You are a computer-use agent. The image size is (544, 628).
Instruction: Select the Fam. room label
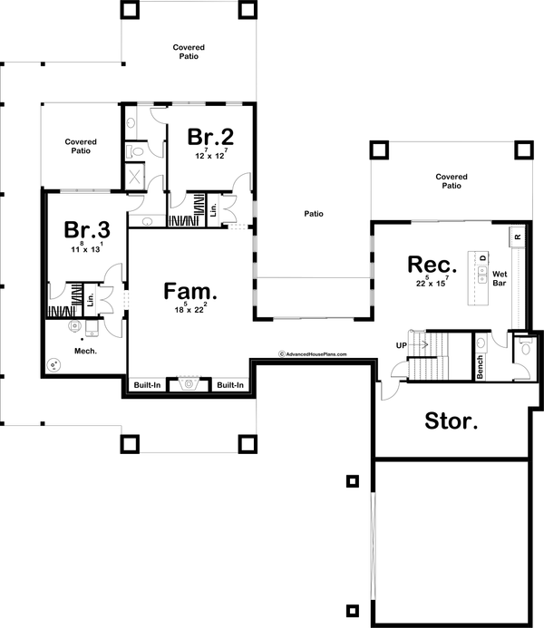[190, 292]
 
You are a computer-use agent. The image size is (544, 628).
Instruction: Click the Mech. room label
[86, 350]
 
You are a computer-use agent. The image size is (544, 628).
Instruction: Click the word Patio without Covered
[314, 215]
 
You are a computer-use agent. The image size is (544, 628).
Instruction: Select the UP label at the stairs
[400, 345]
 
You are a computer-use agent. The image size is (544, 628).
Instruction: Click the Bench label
[480, 365]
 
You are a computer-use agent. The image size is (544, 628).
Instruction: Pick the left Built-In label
[148, 386]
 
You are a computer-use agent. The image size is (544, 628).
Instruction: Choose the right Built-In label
[230, 386]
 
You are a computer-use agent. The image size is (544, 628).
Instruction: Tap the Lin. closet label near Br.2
[213, 209]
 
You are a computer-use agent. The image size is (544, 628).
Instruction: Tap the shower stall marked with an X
[135, 176]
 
